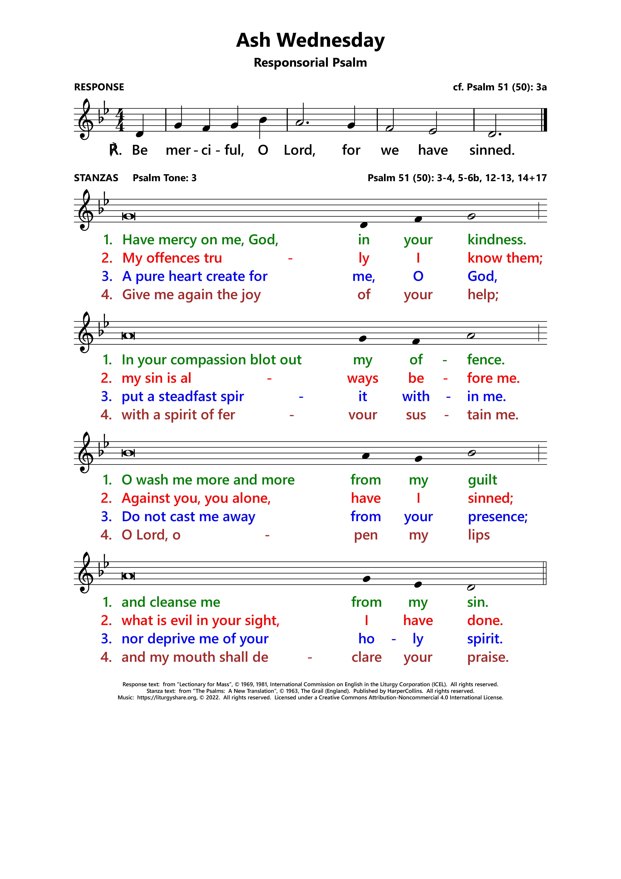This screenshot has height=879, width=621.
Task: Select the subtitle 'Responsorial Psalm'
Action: (310, 62)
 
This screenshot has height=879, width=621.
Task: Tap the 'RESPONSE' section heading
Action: (99, 87)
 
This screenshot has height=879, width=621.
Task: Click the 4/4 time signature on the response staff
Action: (120, 120)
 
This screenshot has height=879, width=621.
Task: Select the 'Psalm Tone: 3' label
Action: (164, 178)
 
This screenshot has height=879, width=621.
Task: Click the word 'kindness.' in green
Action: (497, 240)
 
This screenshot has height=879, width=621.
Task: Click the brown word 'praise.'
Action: (488, 657)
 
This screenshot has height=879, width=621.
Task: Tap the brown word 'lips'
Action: (479, 535)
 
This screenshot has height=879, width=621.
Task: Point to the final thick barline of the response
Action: (545, 120)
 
